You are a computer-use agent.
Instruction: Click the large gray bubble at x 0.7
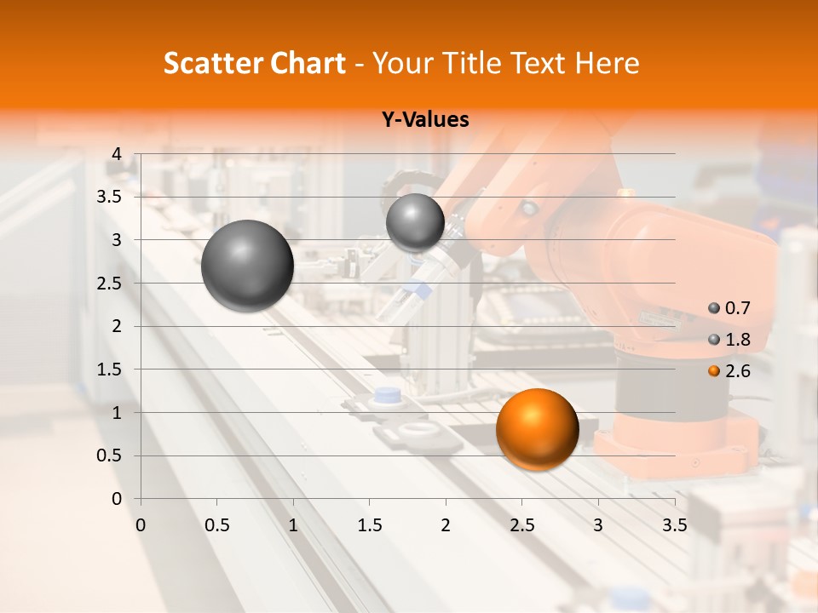248,266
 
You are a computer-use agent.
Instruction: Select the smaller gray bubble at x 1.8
415,222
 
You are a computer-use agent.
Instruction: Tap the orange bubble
538,429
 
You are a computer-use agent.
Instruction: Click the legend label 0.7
738,308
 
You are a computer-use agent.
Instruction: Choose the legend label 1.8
738,340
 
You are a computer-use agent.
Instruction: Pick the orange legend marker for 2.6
714,371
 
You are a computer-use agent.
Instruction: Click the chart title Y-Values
425,120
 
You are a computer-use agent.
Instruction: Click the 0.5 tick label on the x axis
216,524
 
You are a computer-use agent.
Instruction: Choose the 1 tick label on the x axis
293,524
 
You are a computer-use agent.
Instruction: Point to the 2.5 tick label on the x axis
521,524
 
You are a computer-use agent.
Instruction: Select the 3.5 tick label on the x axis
674,524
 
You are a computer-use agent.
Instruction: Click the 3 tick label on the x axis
598,524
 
